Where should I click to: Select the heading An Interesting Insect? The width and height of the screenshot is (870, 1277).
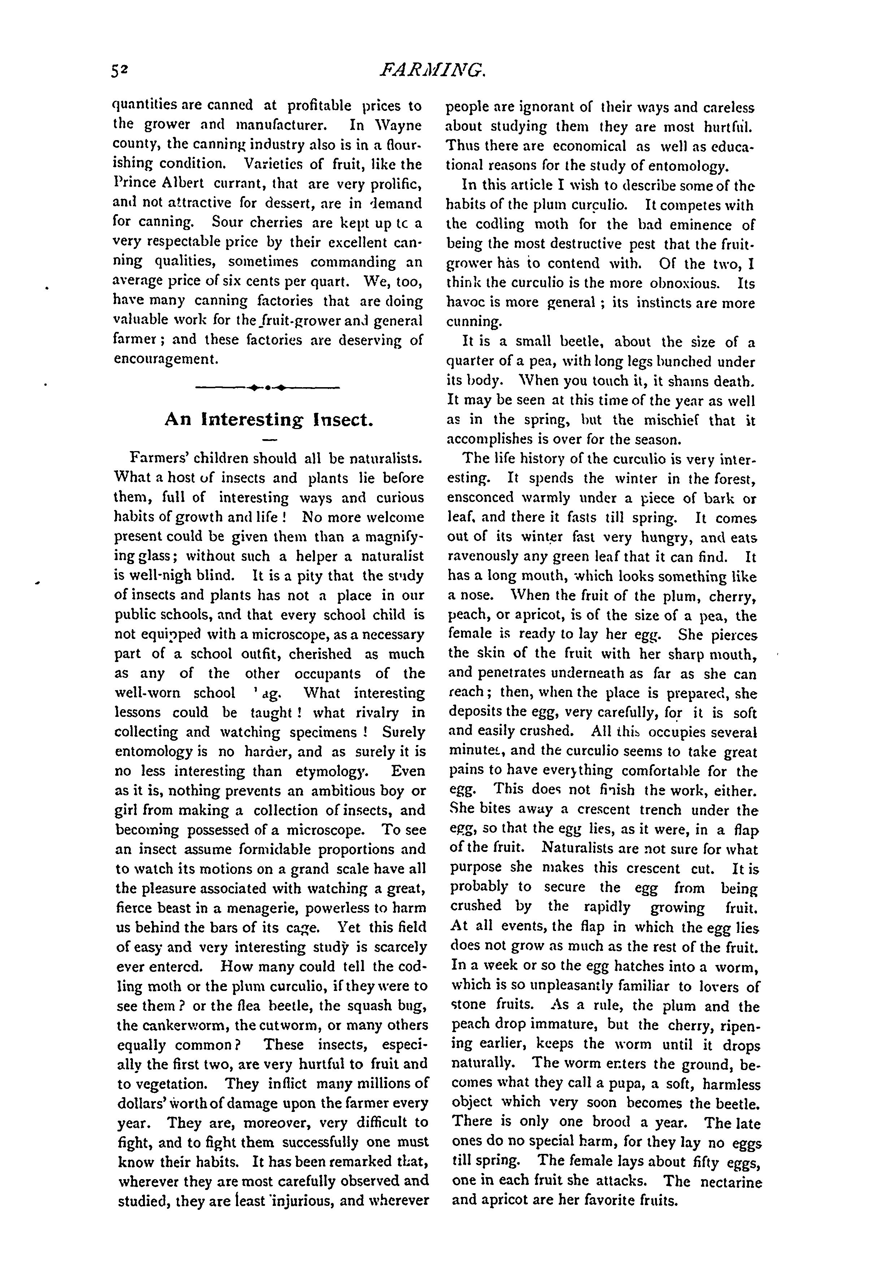tap(269, 420)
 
